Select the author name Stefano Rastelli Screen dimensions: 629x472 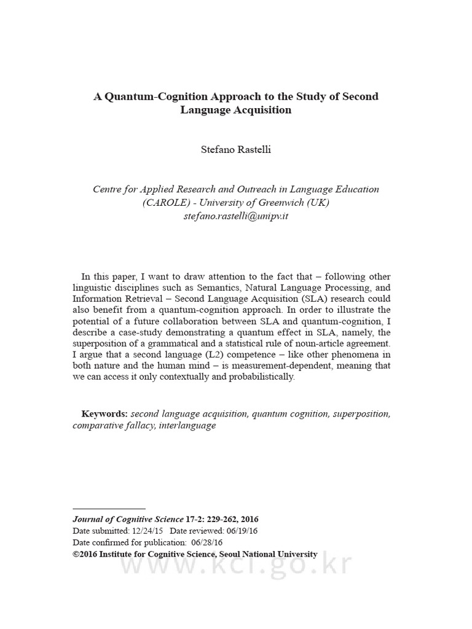coord(235,149)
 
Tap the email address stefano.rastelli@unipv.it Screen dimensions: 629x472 coord(235,216)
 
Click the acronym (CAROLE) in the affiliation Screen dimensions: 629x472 coord(165,203)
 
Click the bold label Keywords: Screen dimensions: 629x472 coord(104,414)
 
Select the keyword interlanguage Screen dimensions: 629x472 coord(187,425)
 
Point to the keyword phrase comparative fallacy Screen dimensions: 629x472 coord(113,425)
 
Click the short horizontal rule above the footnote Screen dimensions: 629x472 coord(109,509)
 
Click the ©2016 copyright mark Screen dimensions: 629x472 coord(85,554)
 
